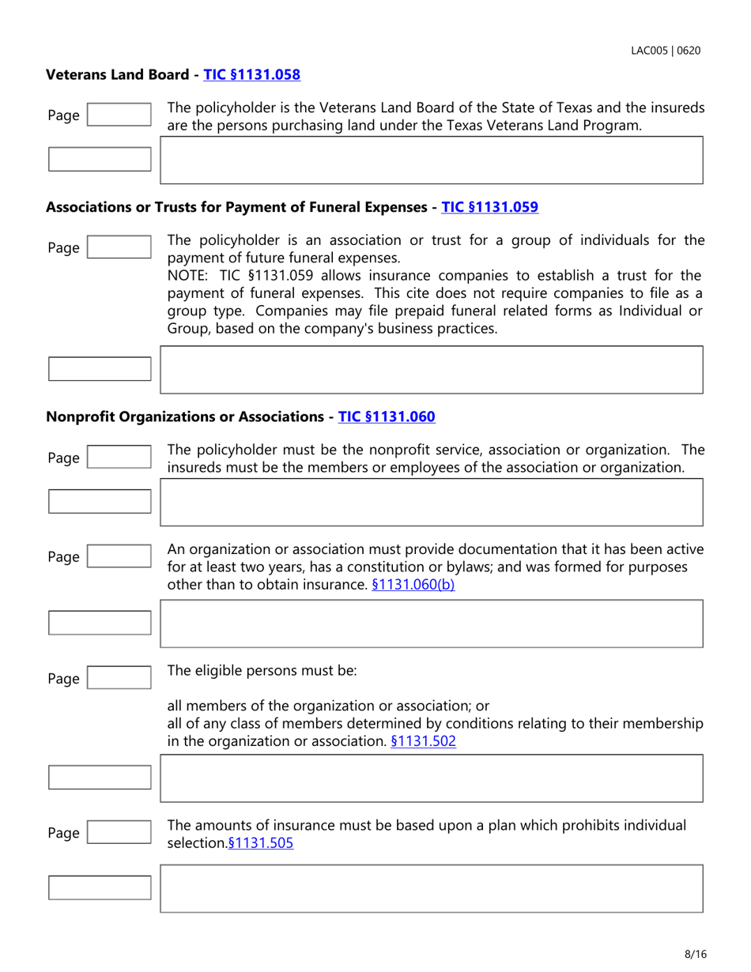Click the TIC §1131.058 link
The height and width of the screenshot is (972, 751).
252,75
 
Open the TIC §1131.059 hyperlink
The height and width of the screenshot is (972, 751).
489,207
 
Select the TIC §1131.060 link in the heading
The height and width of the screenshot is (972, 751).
387,416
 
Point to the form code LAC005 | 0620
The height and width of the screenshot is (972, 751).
665,50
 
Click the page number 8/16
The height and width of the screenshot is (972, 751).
695,954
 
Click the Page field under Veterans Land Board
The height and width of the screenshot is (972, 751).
119,115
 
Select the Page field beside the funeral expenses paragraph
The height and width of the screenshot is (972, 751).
119,248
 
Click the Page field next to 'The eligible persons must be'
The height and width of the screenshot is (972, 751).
119,678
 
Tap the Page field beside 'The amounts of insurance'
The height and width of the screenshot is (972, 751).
119,833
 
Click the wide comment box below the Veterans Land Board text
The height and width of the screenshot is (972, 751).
432,160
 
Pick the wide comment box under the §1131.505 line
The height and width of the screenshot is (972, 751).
432,888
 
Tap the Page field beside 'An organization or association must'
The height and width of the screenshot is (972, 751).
119,557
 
